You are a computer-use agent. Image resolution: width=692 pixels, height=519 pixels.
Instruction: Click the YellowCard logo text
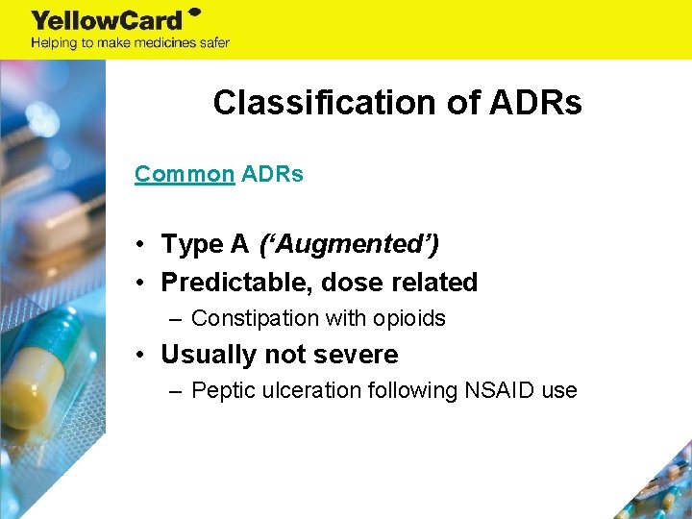[108, 20]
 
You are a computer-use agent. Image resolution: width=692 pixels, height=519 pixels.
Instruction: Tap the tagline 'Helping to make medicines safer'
[130, 42]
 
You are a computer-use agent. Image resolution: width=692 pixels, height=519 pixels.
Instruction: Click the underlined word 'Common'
[185, 174]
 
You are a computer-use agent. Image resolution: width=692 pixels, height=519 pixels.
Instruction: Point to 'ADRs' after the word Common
[272, 174]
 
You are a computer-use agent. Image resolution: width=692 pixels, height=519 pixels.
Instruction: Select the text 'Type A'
[205, 245]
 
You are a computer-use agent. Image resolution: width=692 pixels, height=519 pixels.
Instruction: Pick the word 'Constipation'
[255, 318]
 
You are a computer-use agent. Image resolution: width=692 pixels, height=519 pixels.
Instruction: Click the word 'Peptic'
[222, 390]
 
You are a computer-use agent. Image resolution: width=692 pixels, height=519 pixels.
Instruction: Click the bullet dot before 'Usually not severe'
[140, 355]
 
